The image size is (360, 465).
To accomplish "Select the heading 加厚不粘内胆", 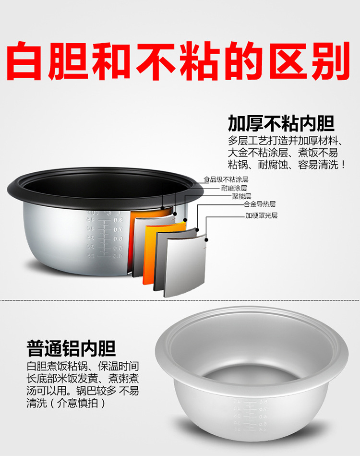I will (x=281, y=124).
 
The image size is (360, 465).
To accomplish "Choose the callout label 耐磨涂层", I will (x=234, y=189).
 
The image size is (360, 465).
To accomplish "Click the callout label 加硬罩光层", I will (x=261, y=215).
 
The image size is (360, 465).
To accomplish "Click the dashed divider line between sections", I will (x=180, y=300).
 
